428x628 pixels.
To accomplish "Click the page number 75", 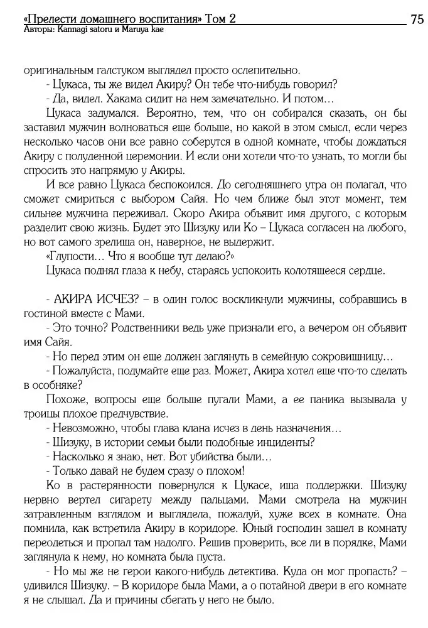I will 417,19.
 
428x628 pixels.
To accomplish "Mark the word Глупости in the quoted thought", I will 72,257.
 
